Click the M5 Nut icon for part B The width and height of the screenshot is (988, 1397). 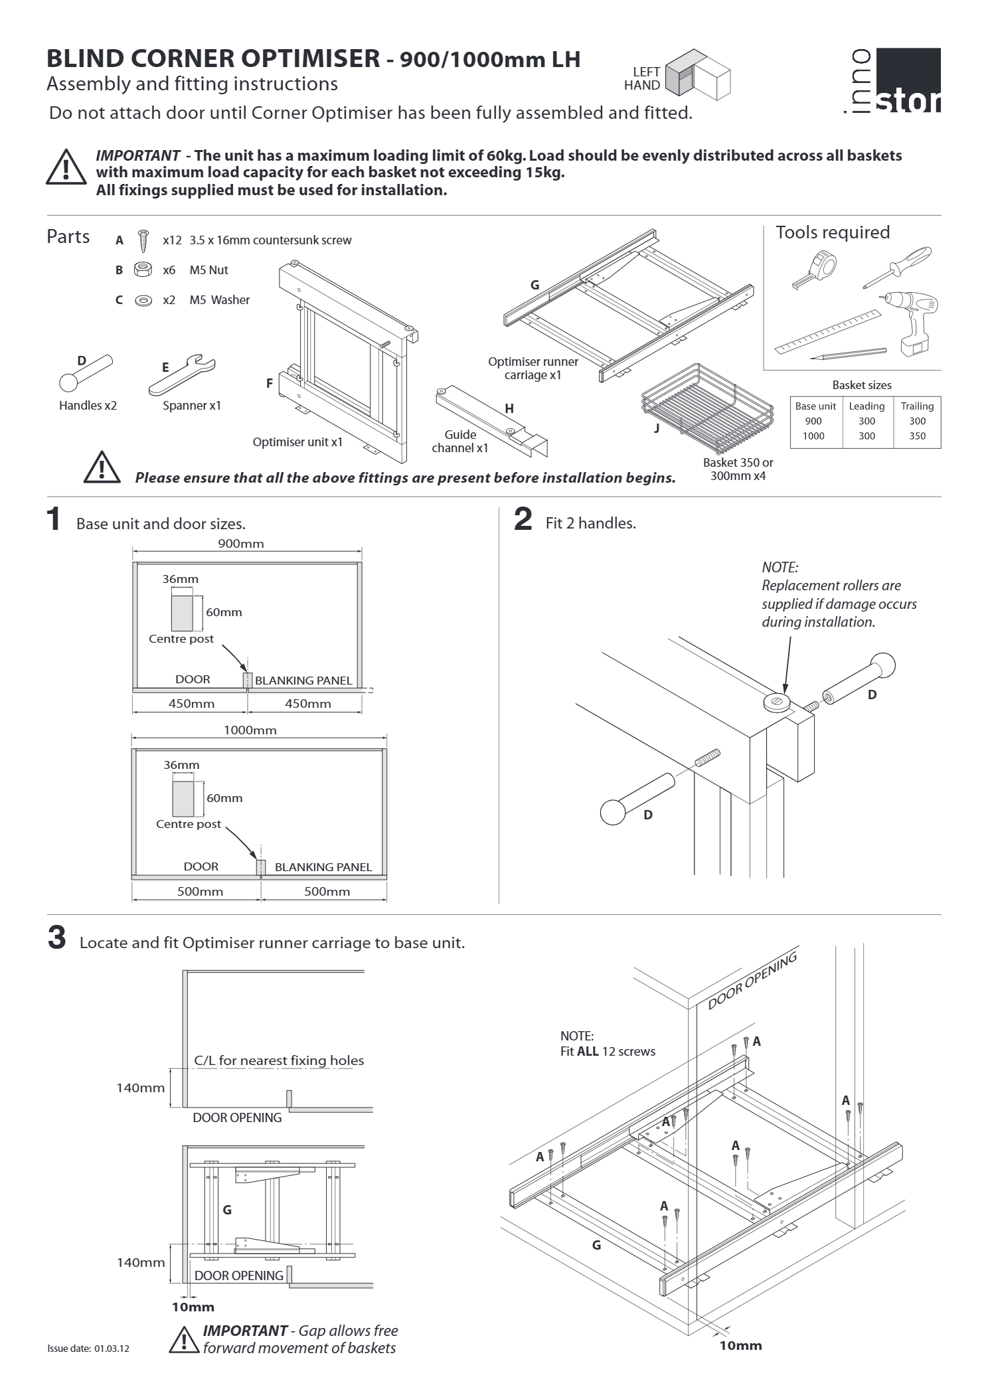[x=141, y=270]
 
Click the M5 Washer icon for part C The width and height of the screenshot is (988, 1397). [x=142, y=300]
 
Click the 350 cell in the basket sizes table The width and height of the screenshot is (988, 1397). [x=917, y=436]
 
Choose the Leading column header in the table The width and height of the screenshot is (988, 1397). [x=866, y=406]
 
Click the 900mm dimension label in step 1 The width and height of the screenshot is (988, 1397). [x=241, y=544]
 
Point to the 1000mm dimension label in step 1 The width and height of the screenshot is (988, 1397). [x=250, y=730]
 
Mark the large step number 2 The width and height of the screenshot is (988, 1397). [x=523, y=519]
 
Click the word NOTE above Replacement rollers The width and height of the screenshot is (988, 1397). [x=780, y=567]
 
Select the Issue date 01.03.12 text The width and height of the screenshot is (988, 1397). [x=88, y=1349]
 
